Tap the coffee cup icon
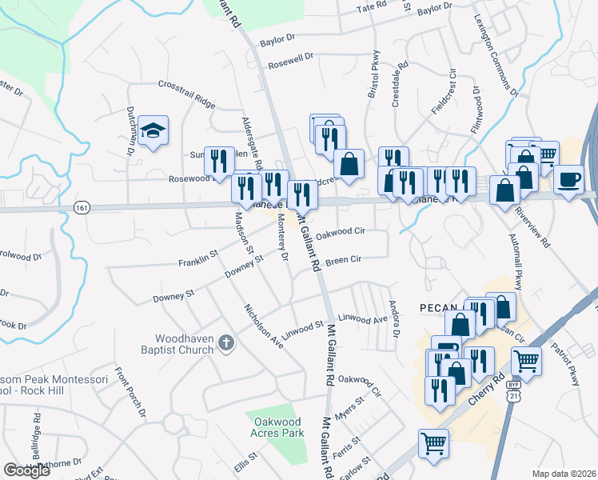[x=568, y=178]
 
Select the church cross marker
[x=226, y=343]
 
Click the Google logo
[x=26, y=470]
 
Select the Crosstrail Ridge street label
[x=187, y=94]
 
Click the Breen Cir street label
[x=344, y=260]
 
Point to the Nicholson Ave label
[x=263, y=326]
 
